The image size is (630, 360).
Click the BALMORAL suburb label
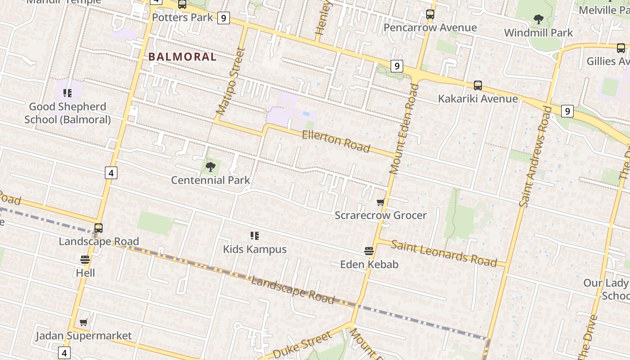click(182, 57)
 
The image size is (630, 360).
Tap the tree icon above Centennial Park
click(210, 167)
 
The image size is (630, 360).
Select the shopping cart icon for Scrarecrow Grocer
click(381, 202)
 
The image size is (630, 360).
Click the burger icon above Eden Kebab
click(369, 251)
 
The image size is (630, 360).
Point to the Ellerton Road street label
click(336, 141)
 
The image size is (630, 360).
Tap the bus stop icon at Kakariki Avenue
click(478, 85)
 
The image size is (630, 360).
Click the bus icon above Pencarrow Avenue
click(430, 14)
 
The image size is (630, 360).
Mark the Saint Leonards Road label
click(444, 253)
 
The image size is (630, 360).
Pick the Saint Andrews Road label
click(535, 156)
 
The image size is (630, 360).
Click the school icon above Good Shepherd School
click(67, 93)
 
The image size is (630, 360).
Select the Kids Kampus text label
click(255, 249)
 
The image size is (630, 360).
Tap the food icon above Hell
click(85, 260)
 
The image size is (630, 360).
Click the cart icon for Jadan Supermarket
click(83, 322)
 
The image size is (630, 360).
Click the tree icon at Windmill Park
click(538, 19)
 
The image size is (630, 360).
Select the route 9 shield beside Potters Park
click(223, 18)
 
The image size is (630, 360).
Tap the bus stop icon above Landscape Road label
click(99, 228)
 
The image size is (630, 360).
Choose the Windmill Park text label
click(539, 33)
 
